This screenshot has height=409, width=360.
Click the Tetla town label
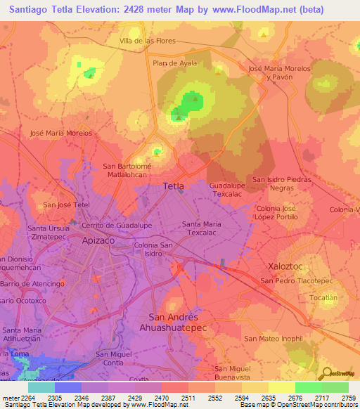[174, 186]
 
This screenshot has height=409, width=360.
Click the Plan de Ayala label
[175, 63]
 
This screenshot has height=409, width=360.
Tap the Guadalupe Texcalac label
[226, 188]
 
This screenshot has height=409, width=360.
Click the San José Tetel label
[67, 204]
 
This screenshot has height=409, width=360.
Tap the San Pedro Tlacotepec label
[296, 281]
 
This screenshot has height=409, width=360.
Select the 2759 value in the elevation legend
[349, 398]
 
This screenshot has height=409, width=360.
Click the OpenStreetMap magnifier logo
[326, 372]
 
